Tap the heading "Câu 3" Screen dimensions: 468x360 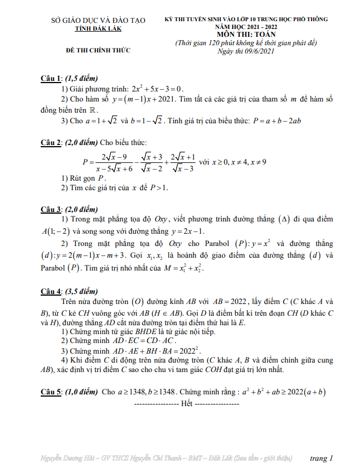(x=52, y=209)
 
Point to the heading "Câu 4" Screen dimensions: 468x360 (x=52, y=291)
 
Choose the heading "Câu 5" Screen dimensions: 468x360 (x=52, y=392)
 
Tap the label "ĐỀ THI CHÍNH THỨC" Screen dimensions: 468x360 (x=98, y=50)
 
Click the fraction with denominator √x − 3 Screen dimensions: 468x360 (x=182, y=162)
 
